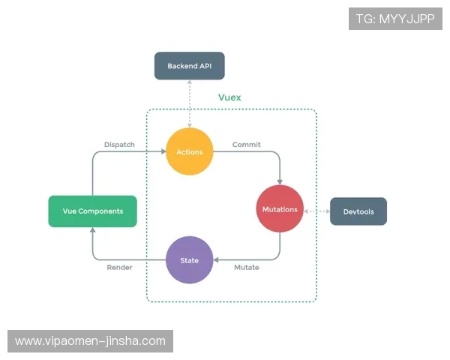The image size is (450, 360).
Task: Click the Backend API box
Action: (x=189, y=66)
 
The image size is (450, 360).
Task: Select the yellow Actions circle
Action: (x=189, y=151)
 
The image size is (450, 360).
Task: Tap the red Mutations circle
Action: (x=280, y=209)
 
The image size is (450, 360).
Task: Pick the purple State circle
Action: (x=189, y=260)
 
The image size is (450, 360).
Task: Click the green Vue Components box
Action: (x=92, y=211)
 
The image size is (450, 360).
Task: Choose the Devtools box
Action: (x=358, y=211)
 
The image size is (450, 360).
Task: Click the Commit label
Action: (x=246, y=144)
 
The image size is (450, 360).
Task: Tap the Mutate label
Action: (x=247, y=268)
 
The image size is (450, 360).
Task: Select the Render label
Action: (x=119, y=268)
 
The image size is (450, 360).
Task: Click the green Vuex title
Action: (x=229, y=97)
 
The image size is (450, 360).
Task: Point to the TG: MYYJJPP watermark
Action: (x=395, y=18)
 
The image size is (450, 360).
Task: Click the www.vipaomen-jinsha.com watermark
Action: (x=90, y=341)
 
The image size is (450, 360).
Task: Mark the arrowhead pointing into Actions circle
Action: (x=163, y=151)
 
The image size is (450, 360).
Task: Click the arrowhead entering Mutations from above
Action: (x=280, y=182)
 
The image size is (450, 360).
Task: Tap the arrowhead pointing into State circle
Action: (x=216, y=260)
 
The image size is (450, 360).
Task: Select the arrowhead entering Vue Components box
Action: (x=92, y=229)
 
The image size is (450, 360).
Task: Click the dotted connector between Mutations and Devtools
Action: (x=318, y=211)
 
